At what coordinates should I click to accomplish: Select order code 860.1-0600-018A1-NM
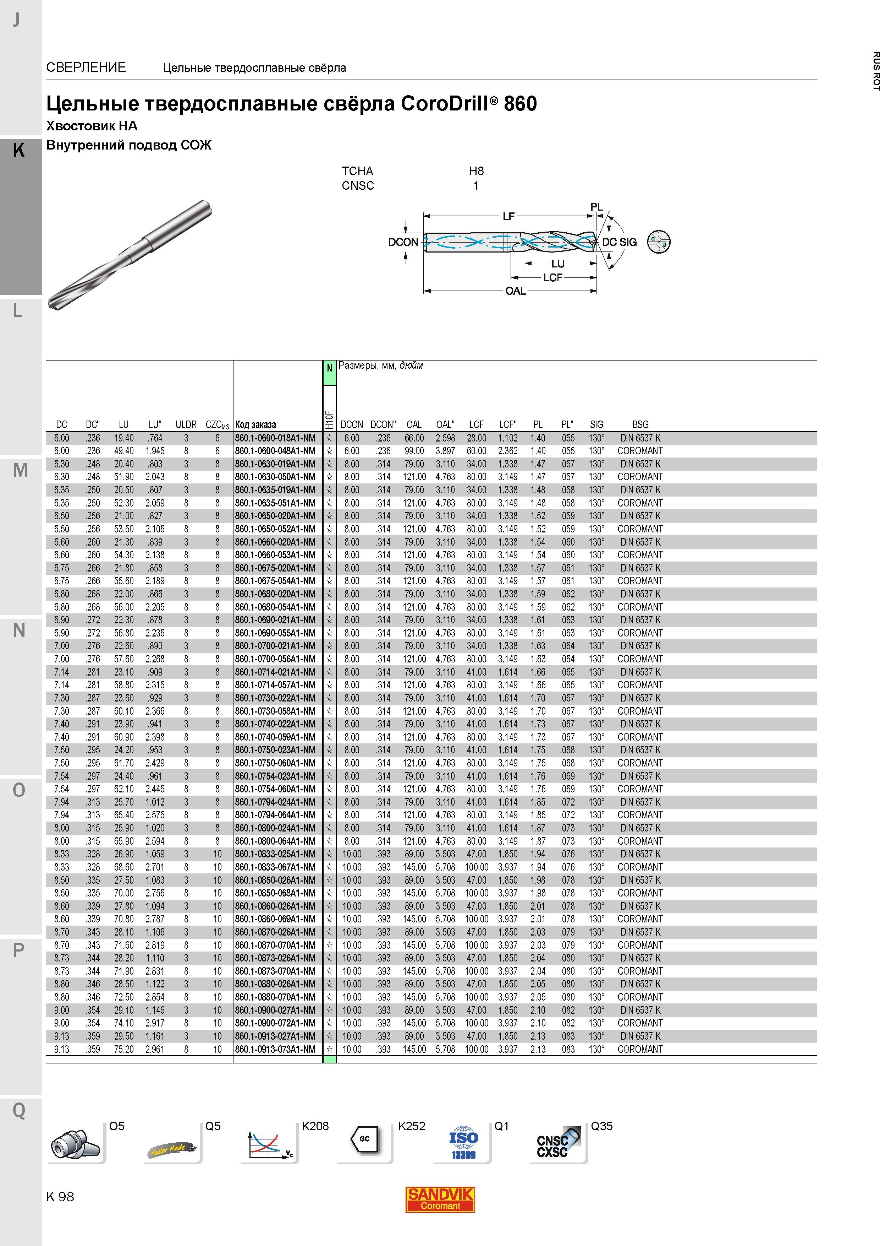click(275, 438)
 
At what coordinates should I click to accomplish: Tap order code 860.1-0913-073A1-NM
click(275, 1049)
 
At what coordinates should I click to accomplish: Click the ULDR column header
click(186, 424)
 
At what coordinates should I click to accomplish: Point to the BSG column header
click(640, 424)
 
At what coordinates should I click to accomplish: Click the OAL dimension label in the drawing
click(516, 291)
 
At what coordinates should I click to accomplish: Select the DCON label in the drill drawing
click(403, 242)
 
